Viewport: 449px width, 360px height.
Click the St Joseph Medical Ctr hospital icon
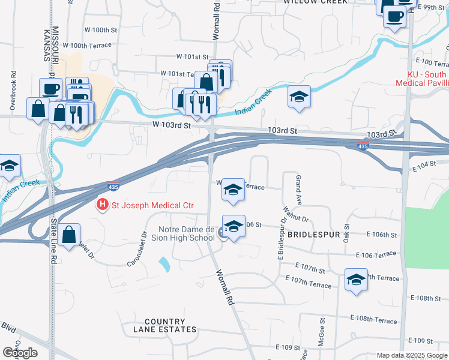point(103,205)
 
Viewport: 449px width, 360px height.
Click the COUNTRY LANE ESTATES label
point(161,325)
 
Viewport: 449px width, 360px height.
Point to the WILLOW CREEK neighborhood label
point(315,2)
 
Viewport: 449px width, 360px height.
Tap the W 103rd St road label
point(171,126)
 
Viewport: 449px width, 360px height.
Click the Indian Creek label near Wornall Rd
point(253,100)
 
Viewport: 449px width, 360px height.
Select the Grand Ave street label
point(297,188)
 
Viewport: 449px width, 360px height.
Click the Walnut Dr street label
point(296,214)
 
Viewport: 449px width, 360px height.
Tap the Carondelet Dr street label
point(137,250)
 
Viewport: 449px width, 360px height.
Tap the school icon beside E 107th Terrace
point(356,280)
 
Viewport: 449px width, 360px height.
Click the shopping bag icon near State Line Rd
point(70,235)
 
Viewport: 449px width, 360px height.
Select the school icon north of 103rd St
point(298,97)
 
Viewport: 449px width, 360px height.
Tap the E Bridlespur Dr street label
point(280,242)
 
